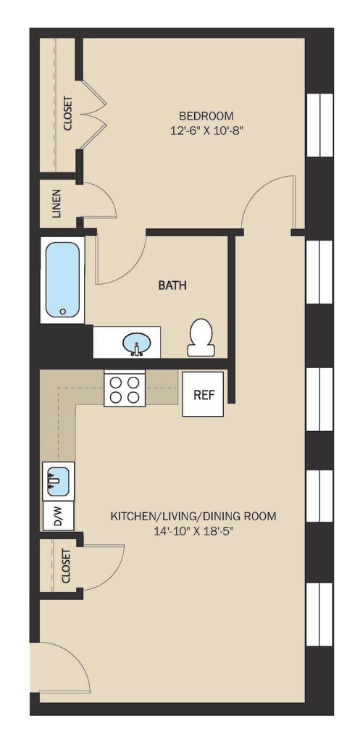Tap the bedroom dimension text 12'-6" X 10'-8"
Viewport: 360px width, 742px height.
(x=206, y=130)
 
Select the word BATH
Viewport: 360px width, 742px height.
(x=172, y=285)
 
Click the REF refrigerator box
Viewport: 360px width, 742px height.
(x=204, y=394)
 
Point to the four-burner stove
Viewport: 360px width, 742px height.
(x=125, y=388)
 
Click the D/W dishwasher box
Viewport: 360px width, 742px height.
(x=59, y=515)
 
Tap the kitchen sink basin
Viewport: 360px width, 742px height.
(x=59, y=480)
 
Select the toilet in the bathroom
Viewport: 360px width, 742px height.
(x=201, y=337)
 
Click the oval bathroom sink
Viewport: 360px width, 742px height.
(x=137, y=342)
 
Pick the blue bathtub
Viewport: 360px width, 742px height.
(x=62, y=280)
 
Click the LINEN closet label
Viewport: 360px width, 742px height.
(x=56, y=204)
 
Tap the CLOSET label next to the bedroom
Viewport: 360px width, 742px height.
(x=67, y=114)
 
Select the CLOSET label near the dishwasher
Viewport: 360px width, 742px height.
(x=65, y=566)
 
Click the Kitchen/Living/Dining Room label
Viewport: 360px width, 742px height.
(x=193, y=516)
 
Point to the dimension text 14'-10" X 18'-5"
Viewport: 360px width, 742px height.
(x=194, y=531)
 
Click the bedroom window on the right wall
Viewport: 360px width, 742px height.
(x=319, y=125)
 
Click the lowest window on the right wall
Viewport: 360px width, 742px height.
(x=319, y=614)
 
